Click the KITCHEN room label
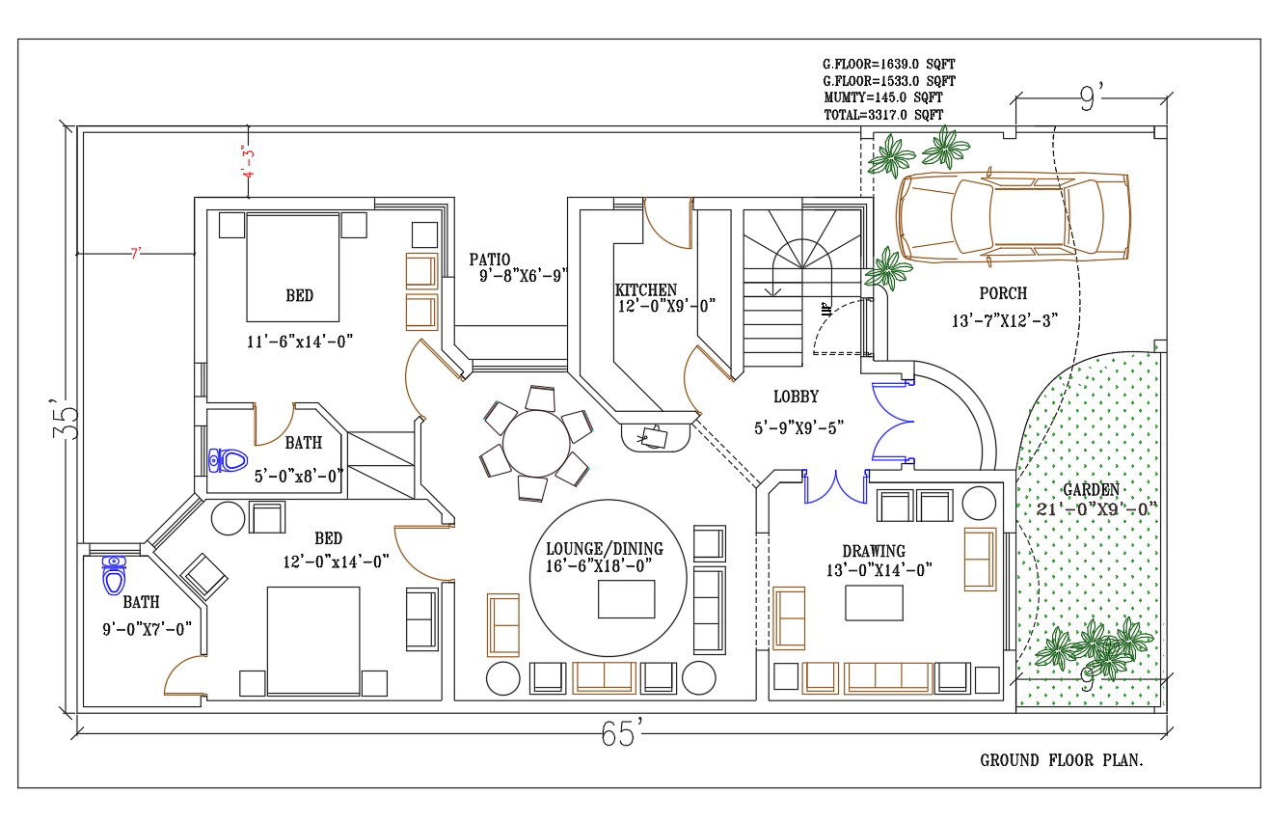[x=645, y=289]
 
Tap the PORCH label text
[x=1003, y=293]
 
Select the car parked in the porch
[x=1013, y=217]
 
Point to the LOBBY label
[x=796, y=397]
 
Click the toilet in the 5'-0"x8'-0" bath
[x=229, y=460]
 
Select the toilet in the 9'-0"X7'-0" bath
[x=115, y=575]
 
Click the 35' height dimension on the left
[x=65, y=419]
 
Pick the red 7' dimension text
[x=136, y=253]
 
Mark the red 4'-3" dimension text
[x=248, y=163]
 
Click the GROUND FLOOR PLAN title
[x=1062, y=760]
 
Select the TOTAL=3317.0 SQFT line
[x=882, y=115]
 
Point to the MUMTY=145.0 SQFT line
[x=882, y=98]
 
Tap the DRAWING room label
[x=874, y=551]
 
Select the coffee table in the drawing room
[x=874, y=603]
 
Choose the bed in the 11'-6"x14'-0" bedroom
[x=293, y=267]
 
